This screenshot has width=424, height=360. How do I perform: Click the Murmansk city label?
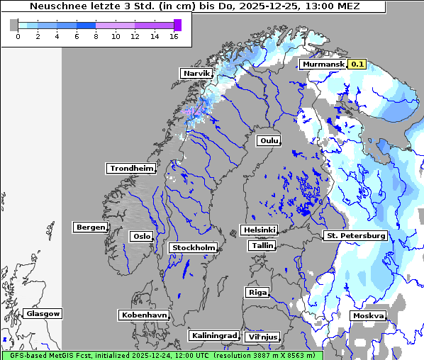tap(323, 64)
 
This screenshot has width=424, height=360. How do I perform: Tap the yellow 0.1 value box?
tap(357, 64)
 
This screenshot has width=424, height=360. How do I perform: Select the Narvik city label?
tap(197, 73)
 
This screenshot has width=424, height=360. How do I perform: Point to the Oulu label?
tap(269, 140)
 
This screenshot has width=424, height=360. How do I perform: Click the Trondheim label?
tap(130, 168)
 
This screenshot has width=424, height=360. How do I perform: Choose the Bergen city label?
tap(89, 227)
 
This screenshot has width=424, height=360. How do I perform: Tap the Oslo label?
tap(141, 236)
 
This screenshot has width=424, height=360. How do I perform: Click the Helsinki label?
tap(259, 230)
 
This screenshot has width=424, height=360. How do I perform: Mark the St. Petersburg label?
tap(355, 235)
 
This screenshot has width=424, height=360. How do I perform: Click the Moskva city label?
tap(368, 315)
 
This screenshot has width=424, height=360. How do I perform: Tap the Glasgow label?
tap(43, 313)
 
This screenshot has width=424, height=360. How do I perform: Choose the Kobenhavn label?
tap(144, 314)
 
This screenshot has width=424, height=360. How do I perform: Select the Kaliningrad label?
tap(213, 335)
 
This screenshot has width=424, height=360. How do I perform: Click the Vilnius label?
tap(262, 337)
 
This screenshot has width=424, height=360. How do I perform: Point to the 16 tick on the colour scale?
tap(174, 36)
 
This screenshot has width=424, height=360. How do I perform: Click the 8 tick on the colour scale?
tap(96, 36)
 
